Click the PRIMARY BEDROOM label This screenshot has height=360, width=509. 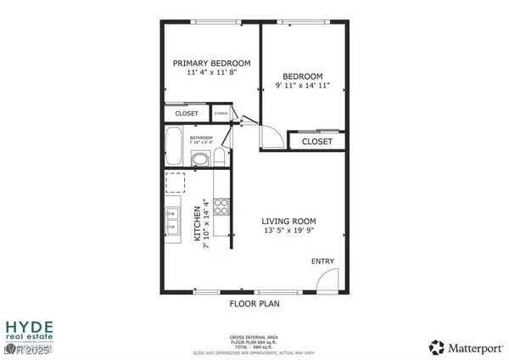click(x=211, y=64)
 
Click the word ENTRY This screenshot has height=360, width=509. click(x=322, y=262)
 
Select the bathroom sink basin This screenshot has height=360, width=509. click(x=201, y=159)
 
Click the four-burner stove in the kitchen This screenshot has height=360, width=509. click(x=221, y=205)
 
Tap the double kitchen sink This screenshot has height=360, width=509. click(x=171, y=221)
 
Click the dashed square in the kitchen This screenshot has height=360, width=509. click(x=176, y=183)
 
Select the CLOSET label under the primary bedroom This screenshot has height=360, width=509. click(x=187, y=114)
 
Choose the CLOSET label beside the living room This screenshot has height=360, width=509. click(x=316, y=142)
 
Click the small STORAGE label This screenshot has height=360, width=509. click(x=221, y=114)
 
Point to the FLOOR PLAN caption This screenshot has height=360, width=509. click(x=255, y=302)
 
